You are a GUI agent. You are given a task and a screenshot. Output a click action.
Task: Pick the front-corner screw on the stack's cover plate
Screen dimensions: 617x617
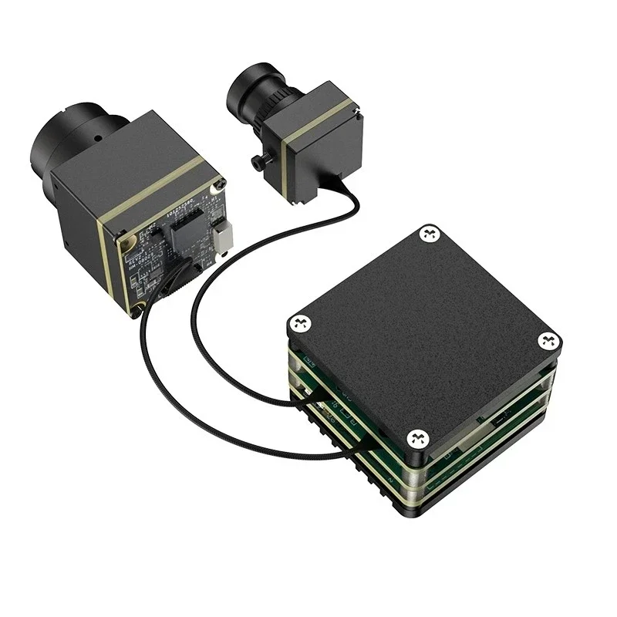pyautogui.click(x=418, y=438)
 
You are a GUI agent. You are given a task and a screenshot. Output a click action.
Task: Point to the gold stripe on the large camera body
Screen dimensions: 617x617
pyautogui.click(x=154, y=196)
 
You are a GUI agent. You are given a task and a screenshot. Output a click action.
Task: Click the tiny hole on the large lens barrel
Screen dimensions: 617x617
pyautogui.click(x=98, y=140)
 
